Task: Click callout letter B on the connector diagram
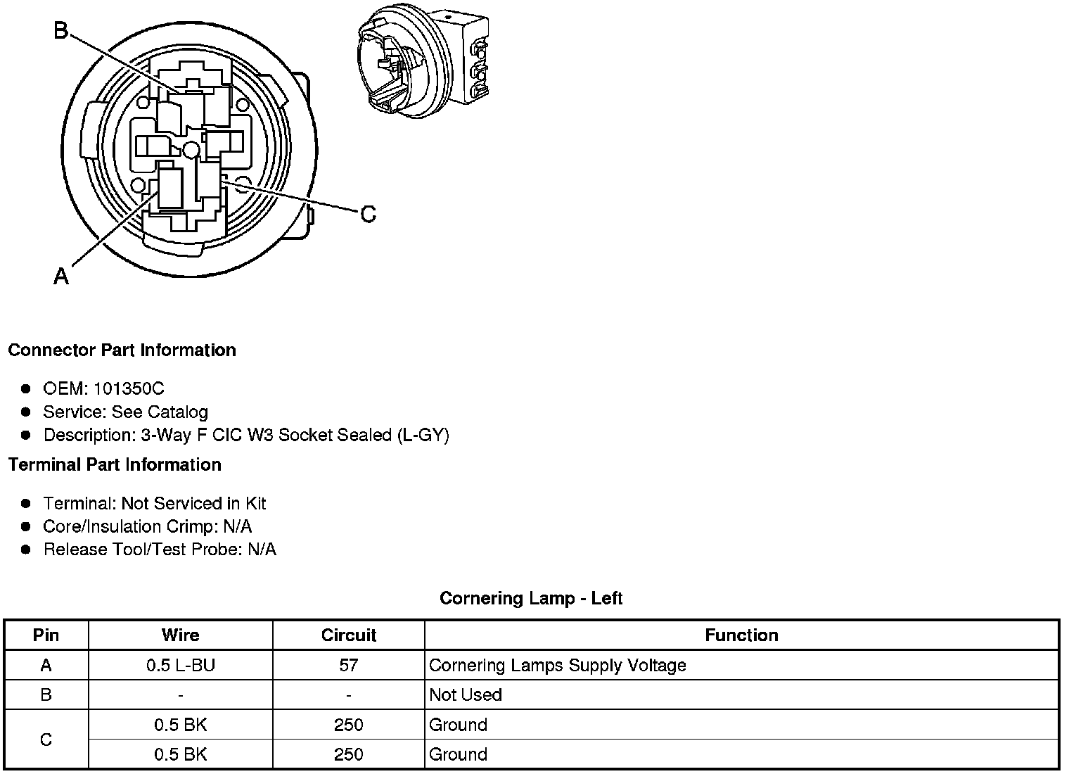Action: (x=61, y=30)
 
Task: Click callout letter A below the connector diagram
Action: (x=61, y=276)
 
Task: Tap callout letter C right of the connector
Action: (x=368, y=215)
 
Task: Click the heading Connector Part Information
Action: (x=122, y=350)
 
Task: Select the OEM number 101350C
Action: (x=129, y=388)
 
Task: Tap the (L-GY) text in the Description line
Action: (x=423, y=435)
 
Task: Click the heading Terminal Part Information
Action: (x=115, y=464)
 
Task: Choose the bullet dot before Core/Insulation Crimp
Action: (x=26, y=526)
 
